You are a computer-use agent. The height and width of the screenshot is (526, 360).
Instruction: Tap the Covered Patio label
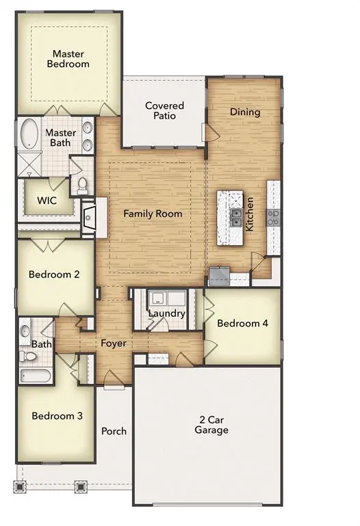[x=164, y=110]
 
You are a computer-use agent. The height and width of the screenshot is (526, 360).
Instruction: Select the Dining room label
[x=244, y=112]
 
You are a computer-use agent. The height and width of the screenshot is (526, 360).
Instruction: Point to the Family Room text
[x=153, y=214]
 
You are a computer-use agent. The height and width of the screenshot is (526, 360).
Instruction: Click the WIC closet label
[x=47, y=201]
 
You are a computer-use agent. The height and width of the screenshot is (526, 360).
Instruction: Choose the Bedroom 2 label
[x=54, y=275]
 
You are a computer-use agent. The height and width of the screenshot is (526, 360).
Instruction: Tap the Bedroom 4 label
[x=242, y=323]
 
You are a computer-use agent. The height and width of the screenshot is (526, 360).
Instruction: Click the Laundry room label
[x=168, y=314]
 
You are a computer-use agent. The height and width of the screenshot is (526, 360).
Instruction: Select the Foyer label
[x=114, y=343]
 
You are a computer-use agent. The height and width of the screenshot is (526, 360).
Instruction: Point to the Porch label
[x=114, y=431]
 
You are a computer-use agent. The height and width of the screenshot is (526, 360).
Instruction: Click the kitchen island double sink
[x=236, y=218]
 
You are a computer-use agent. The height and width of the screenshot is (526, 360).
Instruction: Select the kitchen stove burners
[x=273, y=218]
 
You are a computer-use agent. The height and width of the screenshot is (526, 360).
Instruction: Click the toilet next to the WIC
[x=82, y=184]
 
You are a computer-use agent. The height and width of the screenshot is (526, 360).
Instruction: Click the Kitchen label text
[x=250, y=214]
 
